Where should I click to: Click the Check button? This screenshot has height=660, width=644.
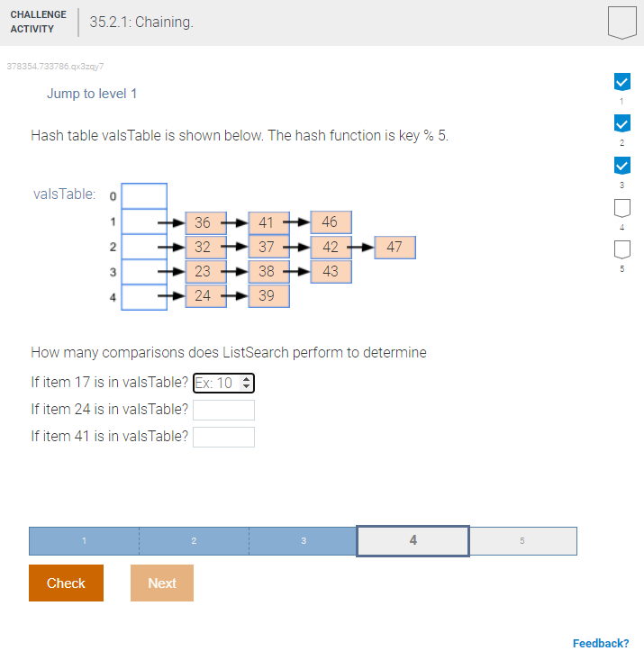[x=66, y=583]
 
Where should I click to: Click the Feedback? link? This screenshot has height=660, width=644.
[x=600, y=643]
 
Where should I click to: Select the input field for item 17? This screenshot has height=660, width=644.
[x=224, y=384]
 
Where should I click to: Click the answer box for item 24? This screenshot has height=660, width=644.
[x=223, y=410]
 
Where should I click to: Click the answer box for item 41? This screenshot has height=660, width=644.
[x=223, y=437]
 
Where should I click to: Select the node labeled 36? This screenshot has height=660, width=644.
[x=203, y=222]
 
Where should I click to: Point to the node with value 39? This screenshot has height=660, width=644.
[x=268, y=296]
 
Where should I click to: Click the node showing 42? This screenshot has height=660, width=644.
[x=331, y=248]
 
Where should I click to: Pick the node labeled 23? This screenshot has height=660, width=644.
[x=203, y=271]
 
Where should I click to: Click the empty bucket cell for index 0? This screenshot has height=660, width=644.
[x=144, y=195]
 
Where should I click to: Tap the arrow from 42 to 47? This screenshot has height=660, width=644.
[x=362, y=248]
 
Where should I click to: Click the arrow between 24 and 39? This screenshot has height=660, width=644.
[x=235, y=296]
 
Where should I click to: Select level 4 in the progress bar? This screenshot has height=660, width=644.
[x=413, y=540]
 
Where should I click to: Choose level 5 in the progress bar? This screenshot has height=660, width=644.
[x=522, y=540]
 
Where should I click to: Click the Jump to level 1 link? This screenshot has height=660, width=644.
[x=92, y=94]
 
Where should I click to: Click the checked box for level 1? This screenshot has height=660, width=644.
[x=621, y=82]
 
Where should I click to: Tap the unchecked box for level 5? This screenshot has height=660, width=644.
[x=621, y=248]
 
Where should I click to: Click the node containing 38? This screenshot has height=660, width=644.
[x=268, y=271]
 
